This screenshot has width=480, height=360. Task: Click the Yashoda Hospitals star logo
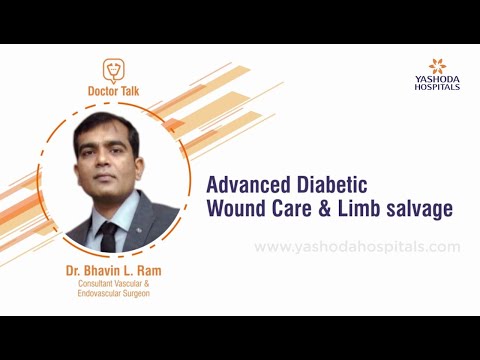point(436,66)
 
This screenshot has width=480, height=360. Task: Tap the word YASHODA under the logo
point(437,79)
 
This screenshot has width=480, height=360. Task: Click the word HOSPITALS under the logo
point(437,87)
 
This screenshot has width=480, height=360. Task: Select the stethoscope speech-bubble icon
point(115,71)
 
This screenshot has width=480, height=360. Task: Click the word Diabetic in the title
point(334,185)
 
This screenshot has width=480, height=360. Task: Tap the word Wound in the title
point(236,209)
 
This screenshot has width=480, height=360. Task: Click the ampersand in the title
point(332,209)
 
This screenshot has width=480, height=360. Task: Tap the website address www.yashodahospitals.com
point(357,246)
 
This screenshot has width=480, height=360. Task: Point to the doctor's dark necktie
point(109,236)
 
